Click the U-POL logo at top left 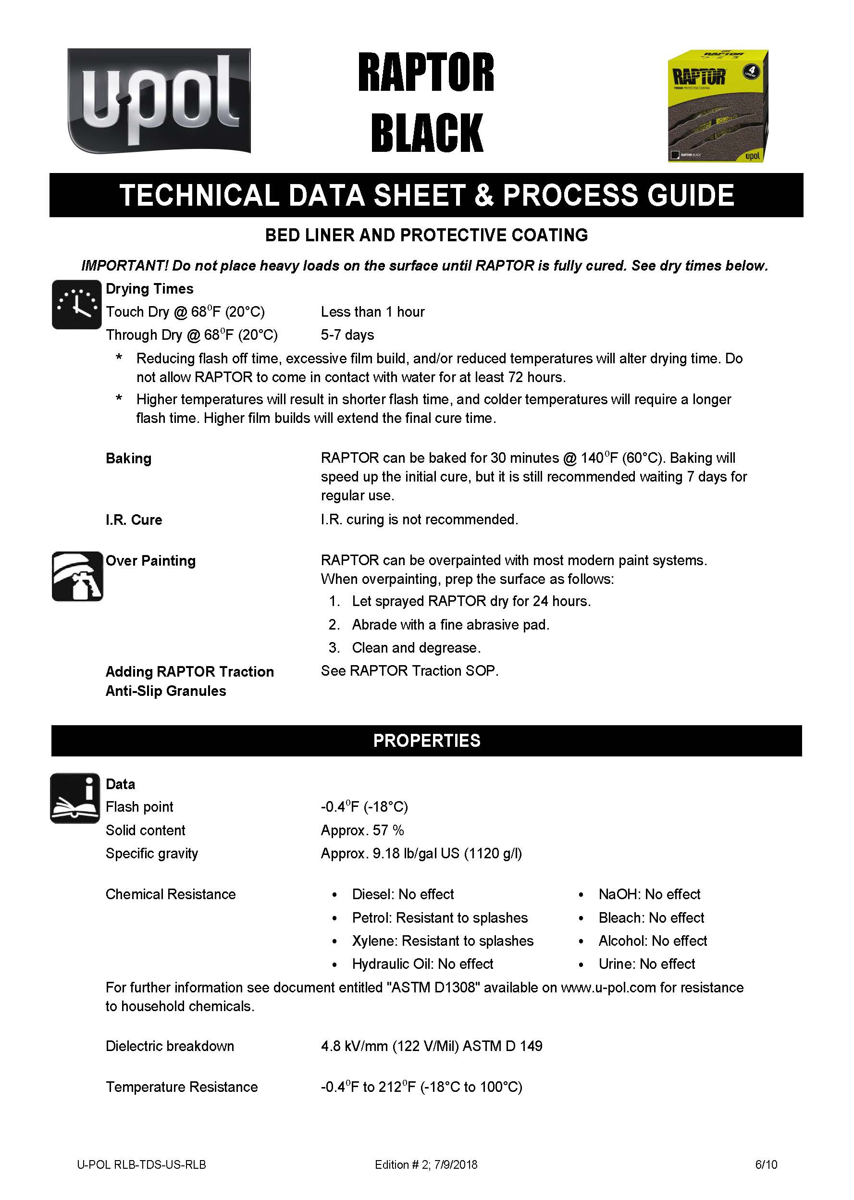[159, 101]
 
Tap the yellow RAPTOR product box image [718, 106]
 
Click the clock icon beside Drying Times [77, 305]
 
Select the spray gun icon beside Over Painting [77, 576]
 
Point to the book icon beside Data [75, 798]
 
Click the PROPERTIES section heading [426, 741]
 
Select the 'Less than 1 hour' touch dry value [372, 312]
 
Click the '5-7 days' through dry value [347, 335]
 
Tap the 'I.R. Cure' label [134, 520]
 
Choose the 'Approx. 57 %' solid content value [362, 830]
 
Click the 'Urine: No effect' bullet [646, 964]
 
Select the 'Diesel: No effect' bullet [403, 894]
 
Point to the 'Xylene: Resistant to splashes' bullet [442, 941]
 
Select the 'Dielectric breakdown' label [170, 1046]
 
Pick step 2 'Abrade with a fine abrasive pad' [450, 625]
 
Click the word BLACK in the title [426, 133]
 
